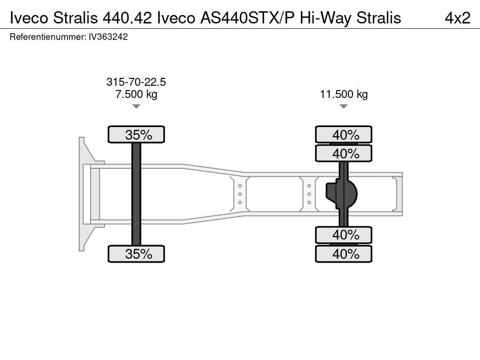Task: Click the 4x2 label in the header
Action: pyautogui.click(x=457, y=18)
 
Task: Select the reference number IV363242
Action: pyautogui.click(x=108, y=37)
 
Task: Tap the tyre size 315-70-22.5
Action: pyautogui.click(x=136, y=82)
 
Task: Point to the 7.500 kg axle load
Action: pyautogui.click(x=136, y=94)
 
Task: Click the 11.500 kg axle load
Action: pyautogui.click(x=344, y=94)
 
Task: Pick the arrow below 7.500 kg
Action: pyautogui.click(x=136, y=106)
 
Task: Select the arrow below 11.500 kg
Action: pyautogui.click(x=344, y=106)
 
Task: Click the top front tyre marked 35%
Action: pyautogui.click(x=136, y=135)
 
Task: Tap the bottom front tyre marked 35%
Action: pyautogui.click(x=136, y=254)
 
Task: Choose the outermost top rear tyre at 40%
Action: pyautogui.click(x=344, y=135)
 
